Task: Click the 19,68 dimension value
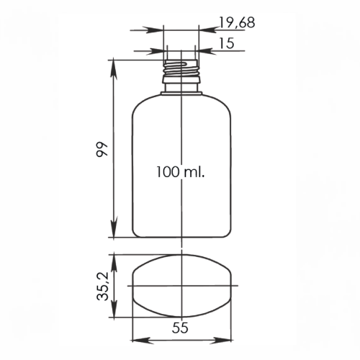(x=237, y=23)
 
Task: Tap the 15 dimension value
(x=226, y=43)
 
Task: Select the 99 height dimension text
(x=102, y=149)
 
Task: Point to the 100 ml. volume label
(x=180, y=172)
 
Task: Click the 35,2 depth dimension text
(x=102, y=287)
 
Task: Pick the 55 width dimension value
(x=180, y=328)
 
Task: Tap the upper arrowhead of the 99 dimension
(x=114, y=69)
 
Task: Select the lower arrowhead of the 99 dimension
(x=114, y=228)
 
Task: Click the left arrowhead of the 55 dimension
(x=142, y=341)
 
